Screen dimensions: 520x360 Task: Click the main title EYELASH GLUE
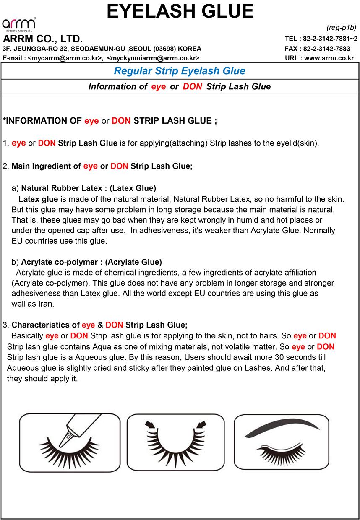180,11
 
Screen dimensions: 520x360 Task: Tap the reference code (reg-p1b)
341,28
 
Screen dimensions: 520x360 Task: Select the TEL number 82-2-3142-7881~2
330,39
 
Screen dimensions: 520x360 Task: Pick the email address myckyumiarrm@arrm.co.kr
153,58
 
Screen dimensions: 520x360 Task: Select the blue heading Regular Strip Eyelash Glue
180,71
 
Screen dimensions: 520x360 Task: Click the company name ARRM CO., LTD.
43,39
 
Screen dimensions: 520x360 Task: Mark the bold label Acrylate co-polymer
59,262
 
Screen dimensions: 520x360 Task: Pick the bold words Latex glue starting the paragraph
39,198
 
